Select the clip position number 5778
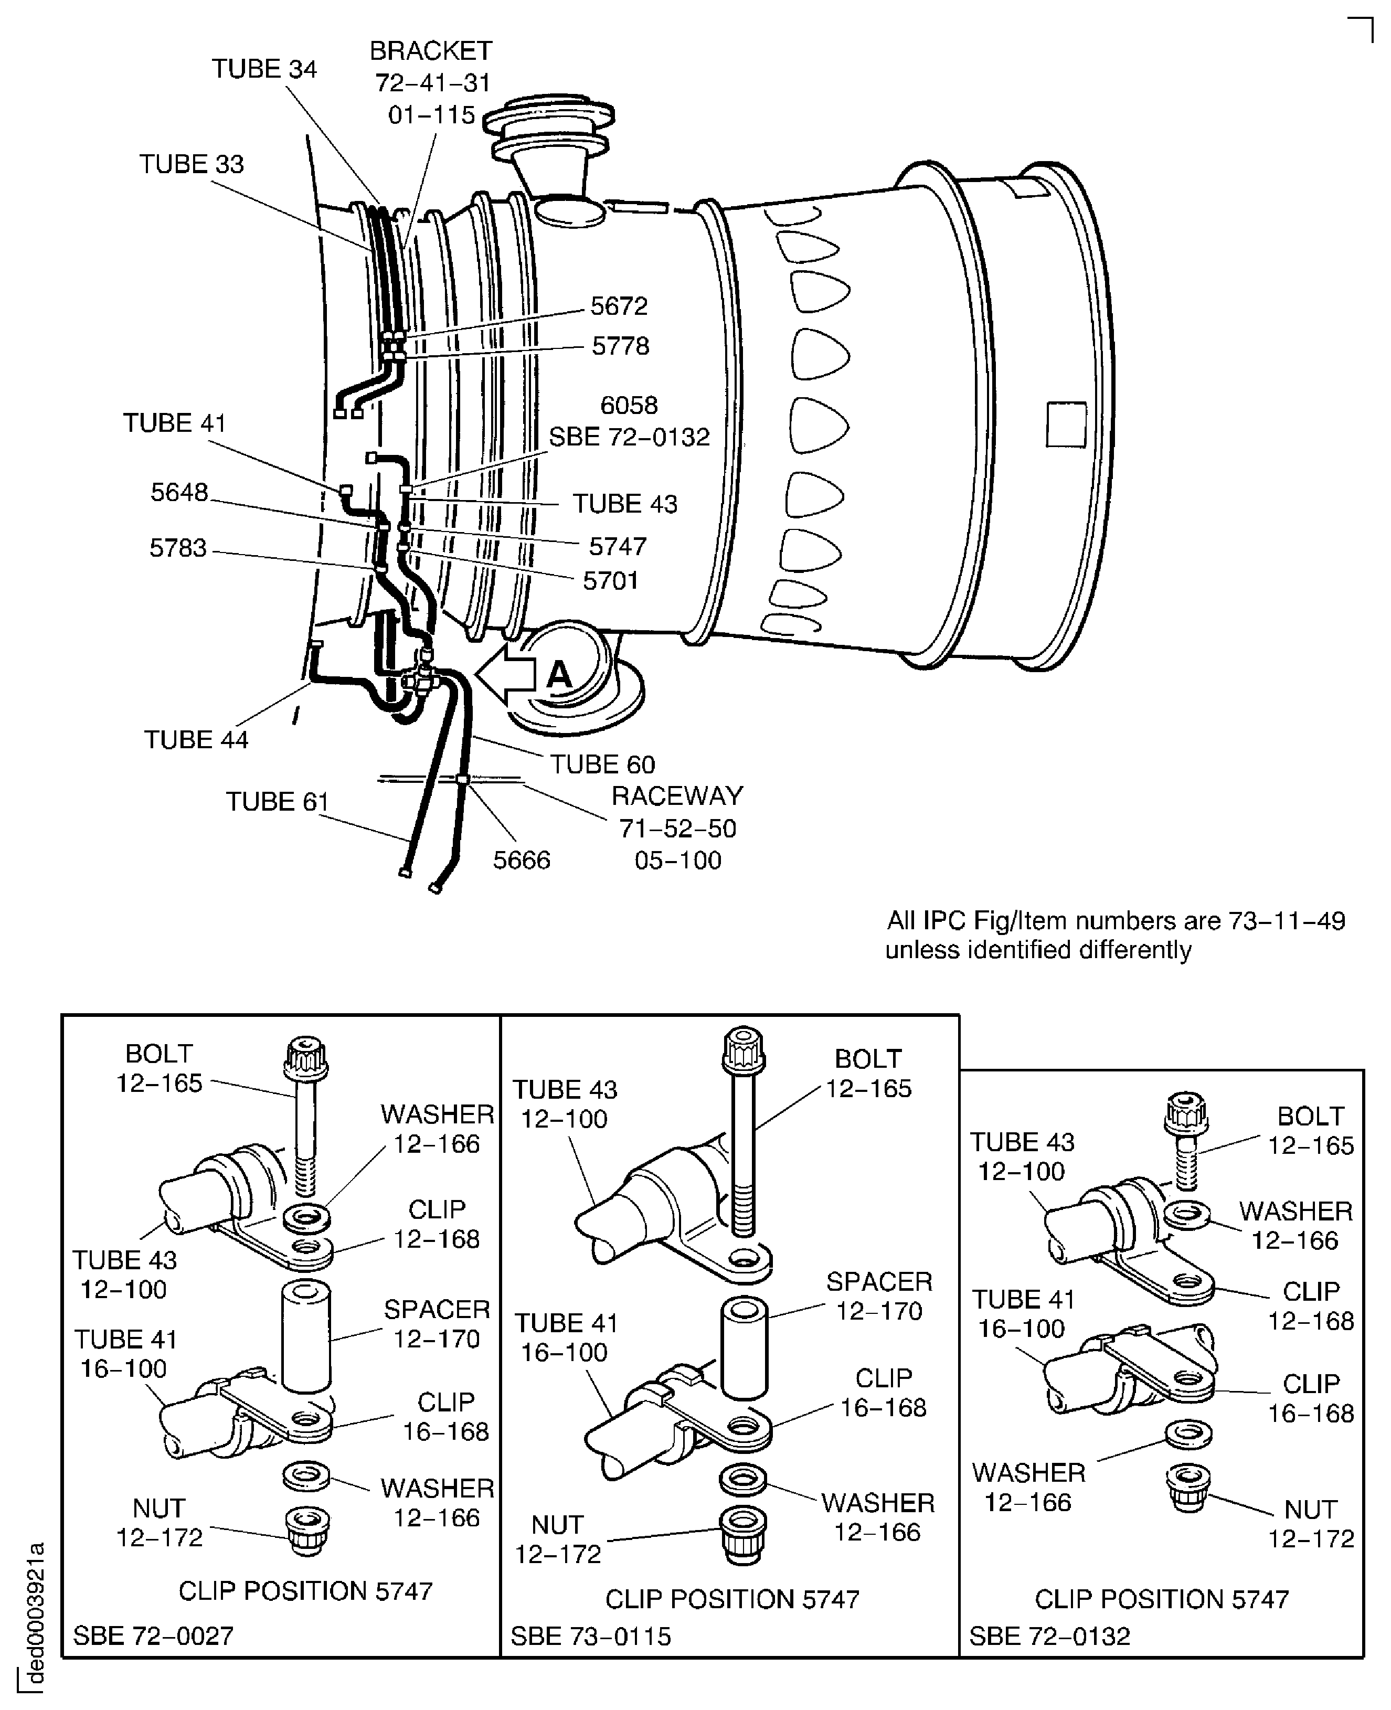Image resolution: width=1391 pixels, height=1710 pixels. coord(620,346)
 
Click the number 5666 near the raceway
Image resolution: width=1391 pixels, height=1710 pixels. coord(521,860)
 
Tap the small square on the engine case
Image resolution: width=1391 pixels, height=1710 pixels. coord(1066,424)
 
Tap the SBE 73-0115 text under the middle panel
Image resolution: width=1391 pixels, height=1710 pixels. coord(590,1635)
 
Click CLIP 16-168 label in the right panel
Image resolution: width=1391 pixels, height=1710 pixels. coord(1310,1399)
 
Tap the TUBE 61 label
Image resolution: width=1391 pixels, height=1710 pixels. coord(277,801)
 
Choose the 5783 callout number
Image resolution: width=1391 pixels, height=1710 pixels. coord(178,548)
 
